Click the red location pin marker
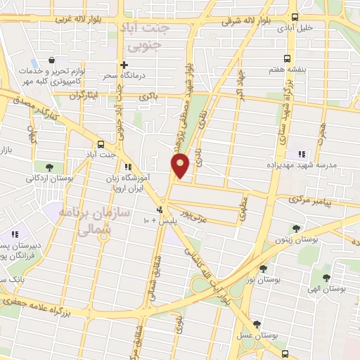[x=181, y=165]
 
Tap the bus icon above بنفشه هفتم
[x=286, y=58]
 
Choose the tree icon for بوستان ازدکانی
[x=50, y=167]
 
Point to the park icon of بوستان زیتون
[x=296, y=228]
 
